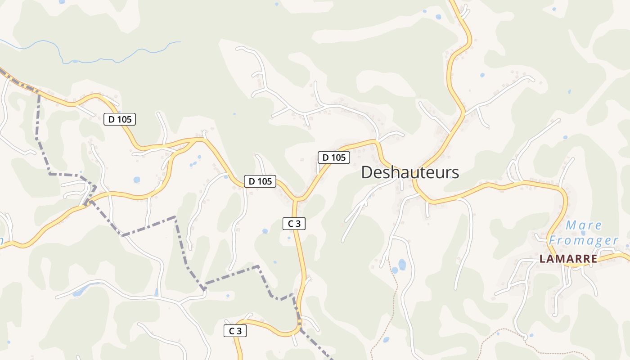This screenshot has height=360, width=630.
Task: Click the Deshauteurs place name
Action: click(x=410, y=172)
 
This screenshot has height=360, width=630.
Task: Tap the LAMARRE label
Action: click(x=568, y=259)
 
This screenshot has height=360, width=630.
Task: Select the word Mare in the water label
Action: click(x=584, y=225)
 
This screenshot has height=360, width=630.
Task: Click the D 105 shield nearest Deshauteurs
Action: click(x=334, y=157)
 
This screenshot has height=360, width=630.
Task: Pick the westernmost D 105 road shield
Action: click(x=119, y=119)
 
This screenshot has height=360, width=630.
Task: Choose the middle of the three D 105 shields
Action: click(x=260, y=181)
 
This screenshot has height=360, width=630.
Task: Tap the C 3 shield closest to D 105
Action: click(x=294, y=224)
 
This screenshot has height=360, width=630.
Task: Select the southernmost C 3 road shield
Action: click(x=235, y=331)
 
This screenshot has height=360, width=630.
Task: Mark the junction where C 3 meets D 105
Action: click(x=297, y=198)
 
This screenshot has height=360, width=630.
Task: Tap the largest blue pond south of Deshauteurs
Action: click(x=402, y=264)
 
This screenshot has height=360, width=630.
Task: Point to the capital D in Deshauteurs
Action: click(x=367, y=172)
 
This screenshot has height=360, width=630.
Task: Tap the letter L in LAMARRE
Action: click(x=542, y=259)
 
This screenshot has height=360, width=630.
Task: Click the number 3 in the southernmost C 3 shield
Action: click(x=239, y=331)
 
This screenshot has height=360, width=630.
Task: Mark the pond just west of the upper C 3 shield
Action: click(x=265, y=231)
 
